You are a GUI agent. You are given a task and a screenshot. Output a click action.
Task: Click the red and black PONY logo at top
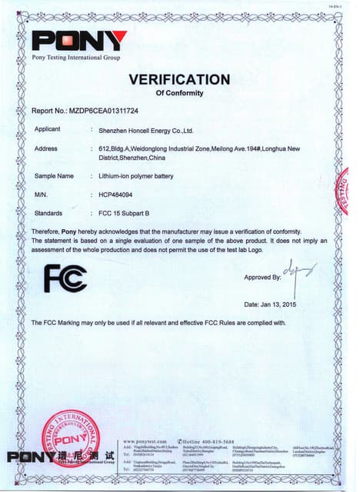coord(79,41)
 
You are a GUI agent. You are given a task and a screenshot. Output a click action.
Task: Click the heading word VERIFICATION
coord(179,80)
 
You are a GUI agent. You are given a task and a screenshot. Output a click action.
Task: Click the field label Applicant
coord(48,129)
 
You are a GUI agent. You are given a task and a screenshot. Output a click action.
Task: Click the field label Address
coord(46,148)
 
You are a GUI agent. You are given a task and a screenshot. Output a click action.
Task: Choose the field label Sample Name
coord(54,176)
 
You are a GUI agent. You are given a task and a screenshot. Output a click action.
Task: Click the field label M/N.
coord(42,194)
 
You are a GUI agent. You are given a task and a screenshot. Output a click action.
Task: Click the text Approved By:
coord(262,277)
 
